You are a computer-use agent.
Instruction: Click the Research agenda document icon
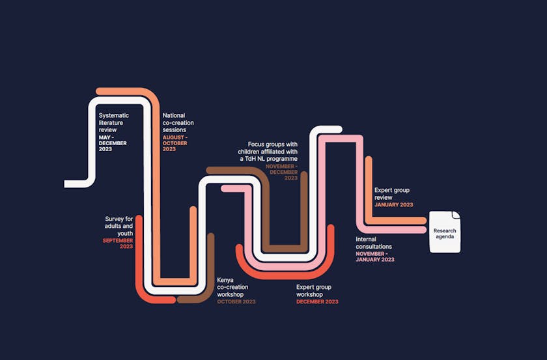tap(445, 232)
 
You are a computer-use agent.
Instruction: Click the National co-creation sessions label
tap(178, 122)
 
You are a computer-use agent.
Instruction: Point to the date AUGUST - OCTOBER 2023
tap(175, 143)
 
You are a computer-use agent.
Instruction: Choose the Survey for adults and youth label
tap(119, 225)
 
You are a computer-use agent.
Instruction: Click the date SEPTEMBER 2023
tap(118, 243)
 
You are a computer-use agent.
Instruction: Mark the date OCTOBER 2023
tap(236, 302)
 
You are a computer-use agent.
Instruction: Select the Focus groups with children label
tap(268, 151)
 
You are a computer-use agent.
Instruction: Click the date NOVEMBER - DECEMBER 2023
tap(281, 172)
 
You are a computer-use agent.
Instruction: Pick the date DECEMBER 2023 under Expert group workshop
tap(317, 302)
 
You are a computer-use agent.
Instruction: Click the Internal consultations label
tap(374, 243)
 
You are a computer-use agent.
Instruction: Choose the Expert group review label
tap(392, 193)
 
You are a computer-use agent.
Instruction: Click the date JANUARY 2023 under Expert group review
tap(393, 204)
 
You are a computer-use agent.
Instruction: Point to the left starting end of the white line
tap(68, 184)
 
